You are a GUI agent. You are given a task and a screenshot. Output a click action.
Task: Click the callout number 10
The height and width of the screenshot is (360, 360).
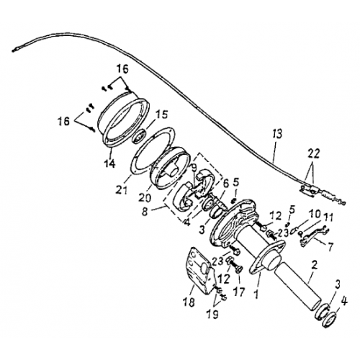314,214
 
